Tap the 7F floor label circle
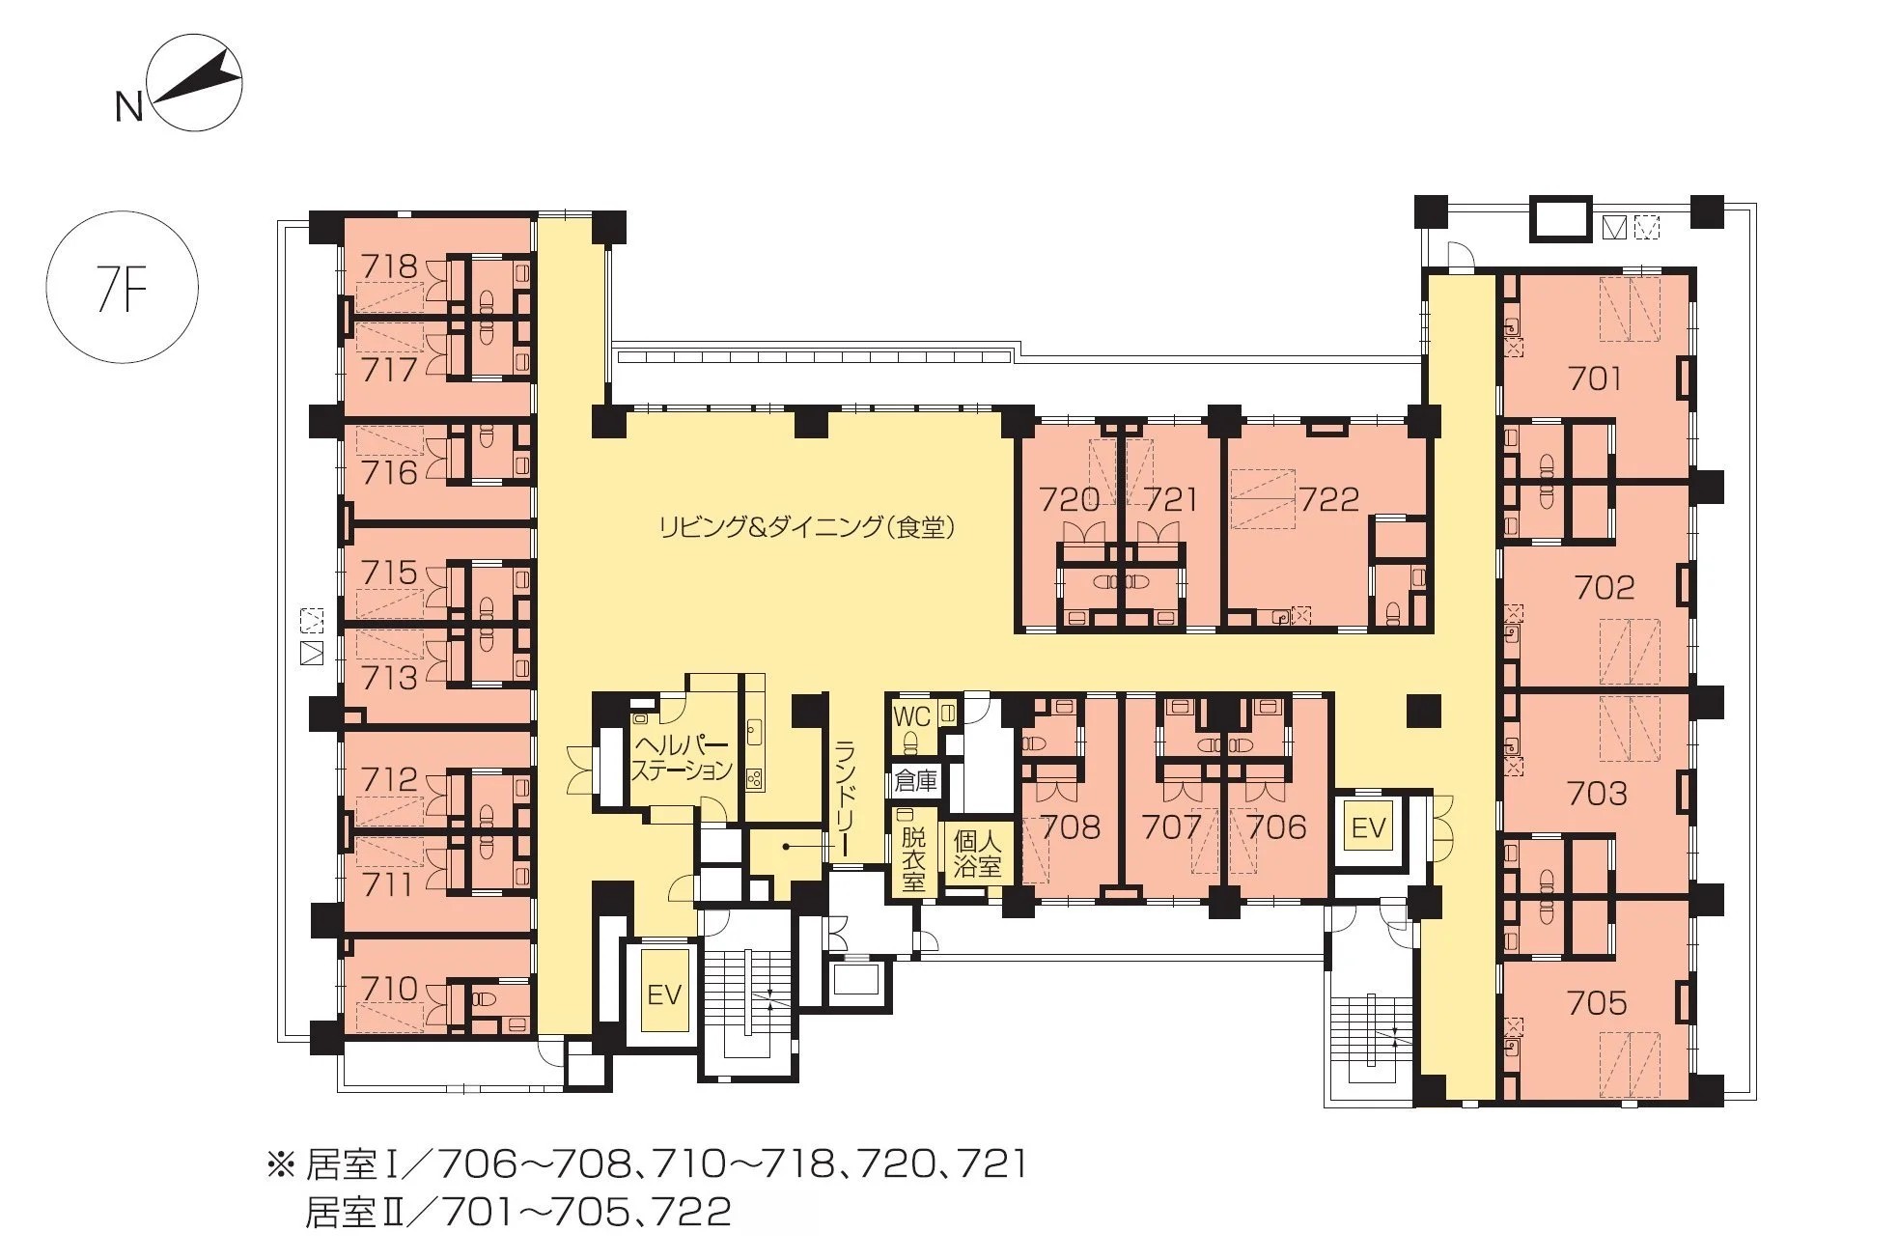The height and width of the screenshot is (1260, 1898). tap(123, 287)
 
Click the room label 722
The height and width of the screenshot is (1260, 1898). tap(1329, 498)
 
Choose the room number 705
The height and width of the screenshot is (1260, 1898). tap(1598, 1003)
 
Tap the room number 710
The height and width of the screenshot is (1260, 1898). tap(389, 988)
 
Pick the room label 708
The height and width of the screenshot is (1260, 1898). tap(1071, 826)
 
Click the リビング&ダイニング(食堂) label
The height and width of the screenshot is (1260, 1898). tap(807, 526)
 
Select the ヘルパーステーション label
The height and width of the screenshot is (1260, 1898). tap(681, 757)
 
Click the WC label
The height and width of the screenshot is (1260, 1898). tap(912, 715)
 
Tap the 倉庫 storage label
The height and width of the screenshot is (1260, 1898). tap(916, 779)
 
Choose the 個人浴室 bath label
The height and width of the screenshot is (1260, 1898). tap(977, 853)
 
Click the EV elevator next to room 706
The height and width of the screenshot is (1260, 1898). tap(1368, 826)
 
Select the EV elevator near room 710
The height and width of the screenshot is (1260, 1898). tap(664, 994)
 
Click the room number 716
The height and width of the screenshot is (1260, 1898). tap(389, 472)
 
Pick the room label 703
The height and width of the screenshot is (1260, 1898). tap(1598, 794)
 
